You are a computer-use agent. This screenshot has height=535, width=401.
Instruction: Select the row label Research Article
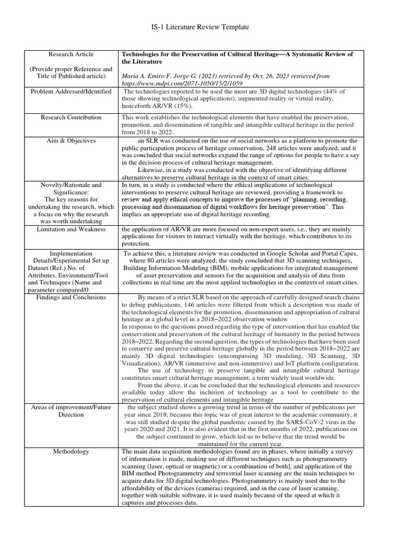71,54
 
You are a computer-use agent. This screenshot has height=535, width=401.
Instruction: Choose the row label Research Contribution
71,118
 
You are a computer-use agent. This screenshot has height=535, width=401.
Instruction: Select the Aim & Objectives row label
71,141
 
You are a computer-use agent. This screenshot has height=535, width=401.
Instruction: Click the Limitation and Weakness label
71,229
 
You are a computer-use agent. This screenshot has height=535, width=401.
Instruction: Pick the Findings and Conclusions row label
71,297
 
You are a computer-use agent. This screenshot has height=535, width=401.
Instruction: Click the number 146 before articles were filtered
185,305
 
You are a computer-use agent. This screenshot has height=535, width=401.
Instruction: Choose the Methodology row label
71,451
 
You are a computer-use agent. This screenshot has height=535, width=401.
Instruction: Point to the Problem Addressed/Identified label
71,91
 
